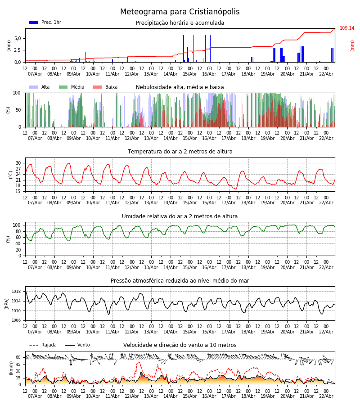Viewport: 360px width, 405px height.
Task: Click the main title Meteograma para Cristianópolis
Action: pos(180,12)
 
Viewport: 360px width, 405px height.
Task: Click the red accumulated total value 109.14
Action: pos(346,28)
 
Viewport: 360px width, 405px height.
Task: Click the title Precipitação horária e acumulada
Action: pos(180,23)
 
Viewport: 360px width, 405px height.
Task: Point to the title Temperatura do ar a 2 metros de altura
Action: pos(180,152)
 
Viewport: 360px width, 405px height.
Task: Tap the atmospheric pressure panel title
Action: pos(180,281)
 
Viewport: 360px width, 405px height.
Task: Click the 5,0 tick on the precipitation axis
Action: pos(17,38)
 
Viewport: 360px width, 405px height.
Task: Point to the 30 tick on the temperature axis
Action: pos(18,163)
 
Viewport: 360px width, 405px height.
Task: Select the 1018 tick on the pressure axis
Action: pos(16,292)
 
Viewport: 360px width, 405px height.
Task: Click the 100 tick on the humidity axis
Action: pos(17,225)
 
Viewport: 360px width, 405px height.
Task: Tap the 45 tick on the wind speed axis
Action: pos(18,364)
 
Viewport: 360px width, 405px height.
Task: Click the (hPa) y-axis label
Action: pos(7,303)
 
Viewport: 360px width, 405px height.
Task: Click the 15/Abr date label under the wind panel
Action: pos(190,396)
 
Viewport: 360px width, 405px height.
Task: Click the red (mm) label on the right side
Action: pos(352,45)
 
